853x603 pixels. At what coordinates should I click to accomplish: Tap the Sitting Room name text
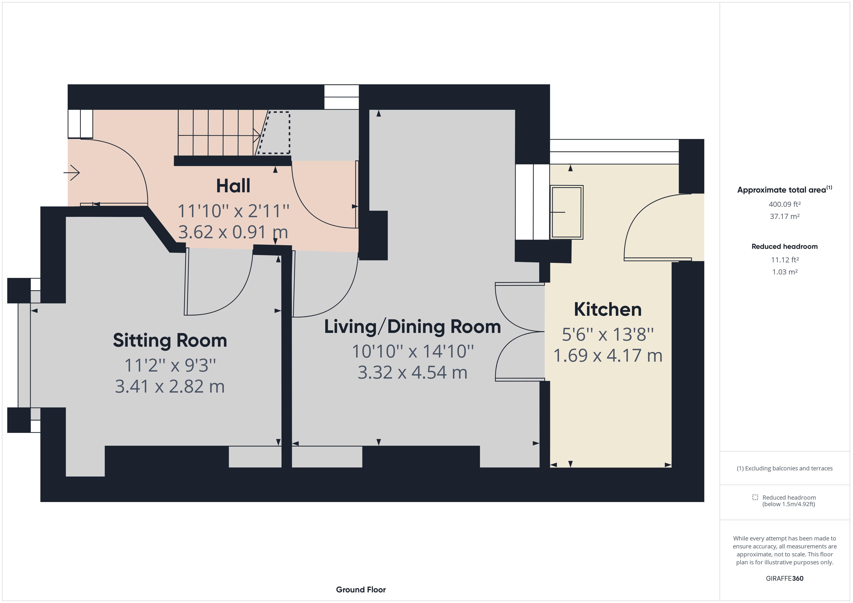170,340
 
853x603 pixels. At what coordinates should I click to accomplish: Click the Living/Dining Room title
412,327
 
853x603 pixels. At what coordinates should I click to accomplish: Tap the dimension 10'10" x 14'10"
412,351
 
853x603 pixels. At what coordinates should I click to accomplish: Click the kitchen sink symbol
566,212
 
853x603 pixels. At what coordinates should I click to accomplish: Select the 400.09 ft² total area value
784,204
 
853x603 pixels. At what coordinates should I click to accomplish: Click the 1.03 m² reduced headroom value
784,272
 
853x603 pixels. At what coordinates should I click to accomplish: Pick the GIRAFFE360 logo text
784,578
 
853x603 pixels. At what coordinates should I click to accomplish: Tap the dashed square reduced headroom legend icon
755,497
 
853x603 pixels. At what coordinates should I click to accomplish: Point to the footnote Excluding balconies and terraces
784,468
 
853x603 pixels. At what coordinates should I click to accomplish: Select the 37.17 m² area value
784,216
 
